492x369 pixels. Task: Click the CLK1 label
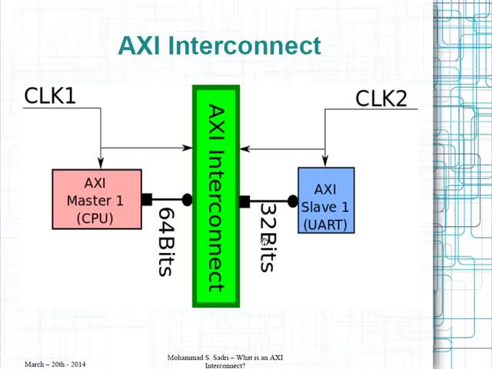point(50,95)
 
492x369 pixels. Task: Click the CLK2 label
point(381,98)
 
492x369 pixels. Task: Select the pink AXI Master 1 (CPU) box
point(97,199)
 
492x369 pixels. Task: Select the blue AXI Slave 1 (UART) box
point(326,199)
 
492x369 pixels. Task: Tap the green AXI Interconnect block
point(216,197)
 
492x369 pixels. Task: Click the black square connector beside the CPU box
point(146,199)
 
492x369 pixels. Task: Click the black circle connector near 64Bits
point(187,199)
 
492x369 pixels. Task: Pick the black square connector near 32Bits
point(244,201)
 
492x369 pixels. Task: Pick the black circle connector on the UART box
point(292,201)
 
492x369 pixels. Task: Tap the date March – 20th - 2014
point(55,362)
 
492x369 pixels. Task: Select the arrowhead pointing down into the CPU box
point(101,165)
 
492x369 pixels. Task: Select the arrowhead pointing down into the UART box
point(325,163)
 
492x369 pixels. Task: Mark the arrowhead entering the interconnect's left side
point(188,148)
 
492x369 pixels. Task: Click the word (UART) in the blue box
point(326,224)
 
